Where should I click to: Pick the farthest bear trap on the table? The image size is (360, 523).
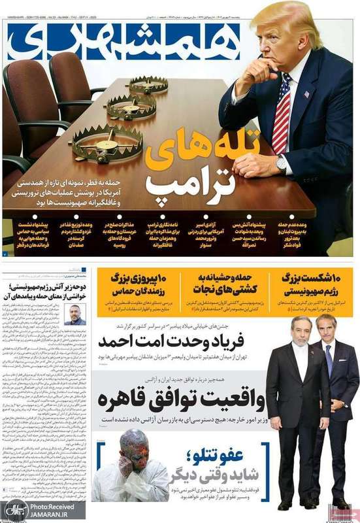coord(146,85)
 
